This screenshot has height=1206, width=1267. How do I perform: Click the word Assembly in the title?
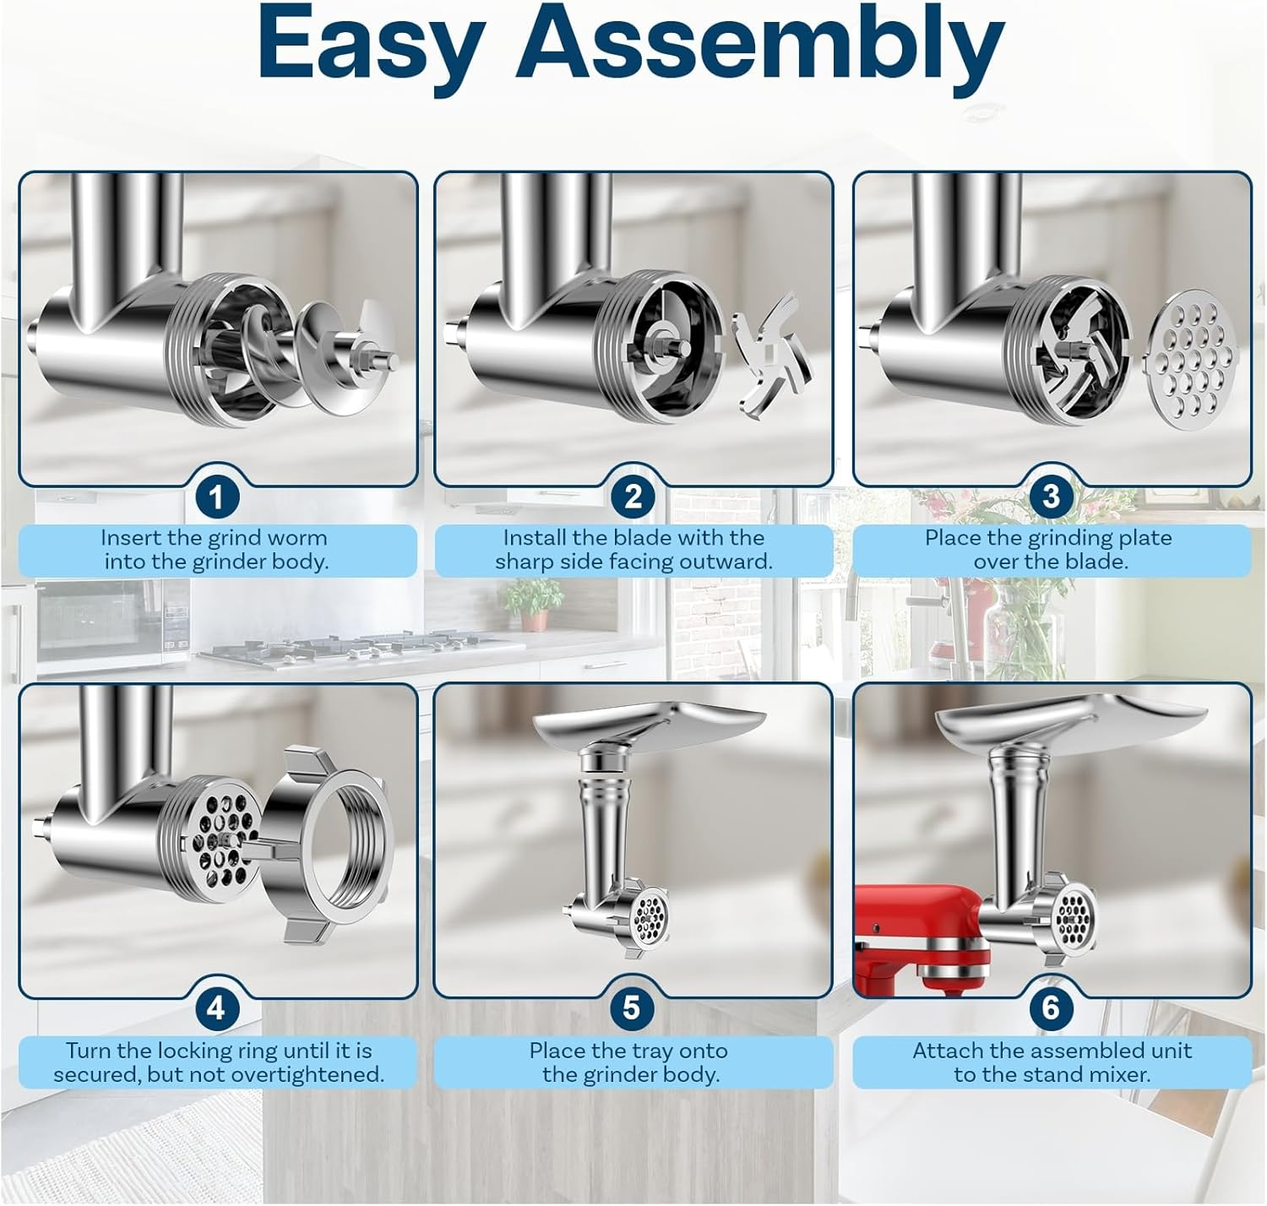pyautogui.click(x=759, y=44)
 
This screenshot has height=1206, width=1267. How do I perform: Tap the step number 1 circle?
pyautogui.click(x=216, y=497)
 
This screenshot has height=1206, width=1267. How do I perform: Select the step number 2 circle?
pyautogui.click(x=633, y=497)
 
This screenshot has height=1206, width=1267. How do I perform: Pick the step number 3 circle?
pyautogui.click(x=1050, y=497)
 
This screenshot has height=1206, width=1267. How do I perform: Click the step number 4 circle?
pyautogui.click(x=216, y=1008)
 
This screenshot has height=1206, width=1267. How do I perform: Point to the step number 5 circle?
pyautogui.click(x=632, y=1008)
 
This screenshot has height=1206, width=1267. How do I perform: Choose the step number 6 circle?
pyautogui.click(x=1050, y=1008)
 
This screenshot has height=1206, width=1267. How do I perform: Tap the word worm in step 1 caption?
pyautogui.click(x=296, y=538)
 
